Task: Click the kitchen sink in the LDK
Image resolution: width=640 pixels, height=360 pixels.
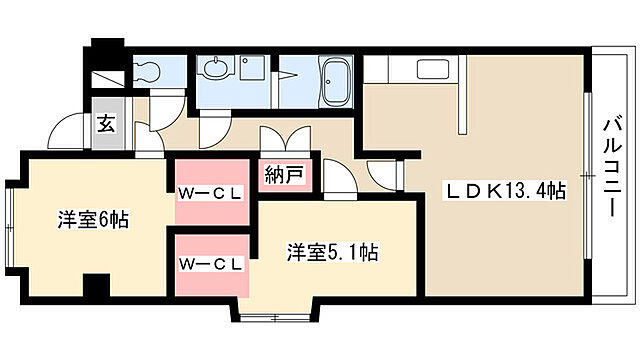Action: tap(434, 72)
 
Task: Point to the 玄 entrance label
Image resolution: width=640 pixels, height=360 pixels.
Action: tap(105, 124)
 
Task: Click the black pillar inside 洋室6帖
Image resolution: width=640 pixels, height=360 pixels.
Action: tap(96, 286)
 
